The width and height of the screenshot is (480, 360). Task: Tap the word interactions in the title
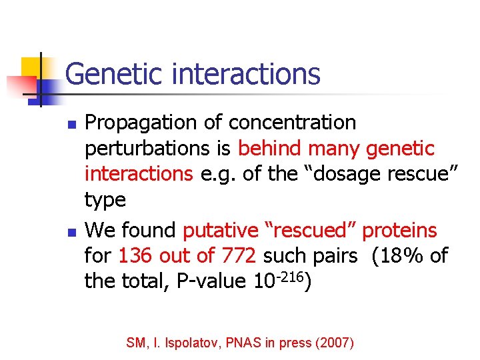[x=246, y=74]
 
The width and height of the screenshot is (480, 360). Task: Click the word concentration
[x=292, y=123]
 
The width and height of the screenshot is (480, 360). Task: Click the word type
[x=105, y=200]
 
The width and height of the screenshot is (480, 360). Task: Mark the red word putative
[x=221, y=231]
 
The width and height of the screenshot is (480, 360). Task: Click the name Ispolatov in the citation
[x=195, y=343]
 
